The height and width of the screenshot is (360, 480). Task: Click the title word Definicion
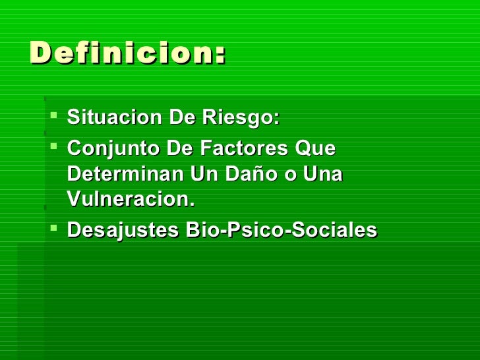click(x=123, y=52)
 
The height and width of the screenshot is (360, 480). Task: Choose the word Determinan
click(x=126, y=175)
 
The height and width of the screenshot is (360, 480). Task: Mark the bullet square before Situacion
click(x=54, y=117)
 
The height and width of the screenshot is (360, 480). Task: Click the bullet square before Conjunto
click(x=54, y=147)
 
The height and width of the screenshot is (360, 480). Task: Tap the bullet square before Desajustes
click(x=54, y=229)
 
